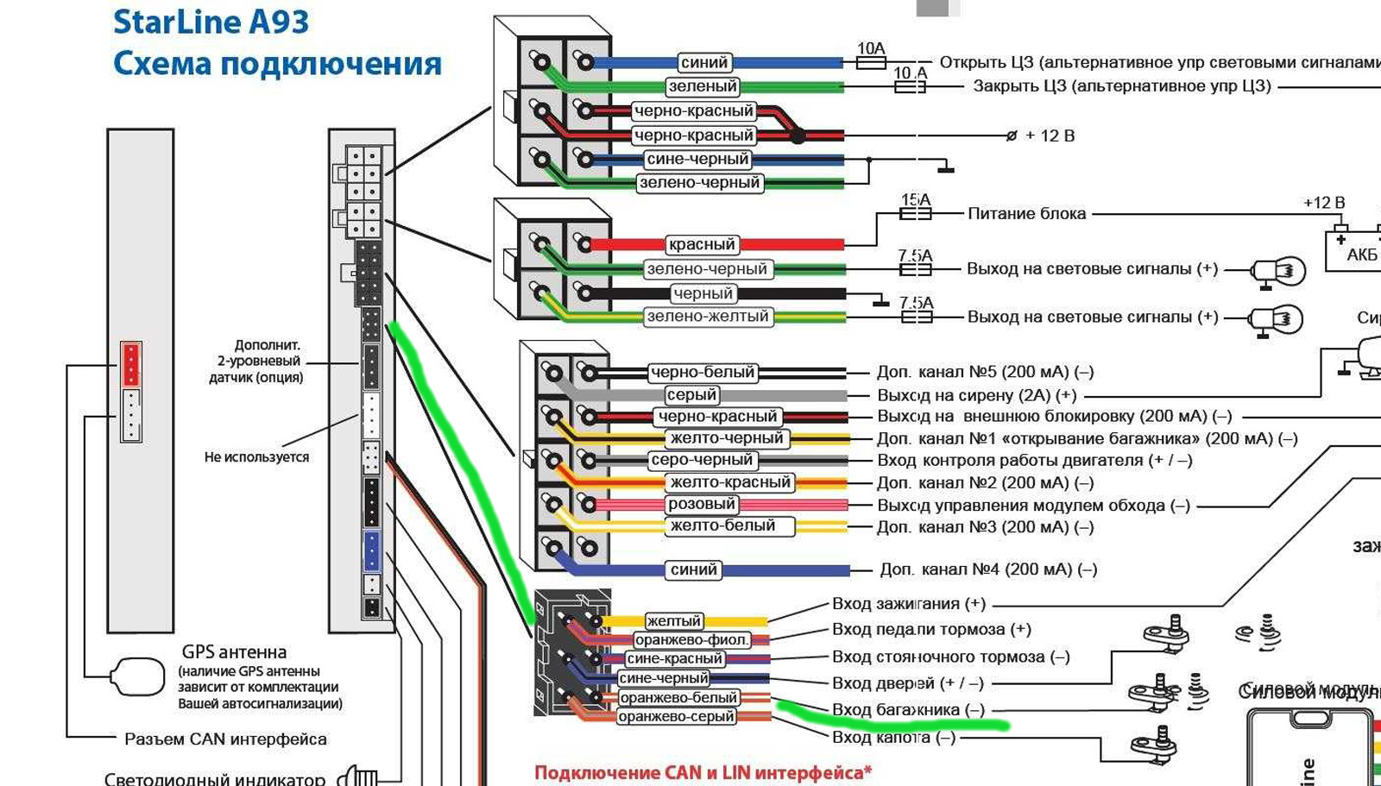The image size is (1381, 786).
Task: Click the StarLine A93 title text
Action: (211, 22)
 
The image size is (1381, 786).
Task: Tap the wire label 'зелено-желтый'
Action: (707, 317)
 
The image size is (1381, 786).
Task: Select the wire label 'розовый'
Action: (701, 504)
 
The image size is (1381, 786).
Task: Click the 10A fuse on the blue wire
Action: (870, 62)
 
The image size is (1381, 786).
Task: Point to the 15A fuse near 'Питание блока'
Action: (916, 213)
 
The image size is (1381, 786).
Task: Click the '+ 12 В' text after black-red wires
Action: (1050, 135)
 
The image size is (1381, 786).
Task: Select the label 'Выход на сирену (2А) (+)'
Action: (976, 395)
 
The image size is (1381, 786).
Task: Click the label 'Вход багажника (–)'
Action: (907, 709)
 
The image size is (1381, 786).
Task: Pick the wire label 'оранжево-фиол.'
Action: (691, 639)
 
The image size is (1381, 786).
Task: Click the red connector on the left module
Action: (130, 363)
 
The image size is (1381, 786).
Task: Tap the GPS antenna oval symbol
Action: (138, 676)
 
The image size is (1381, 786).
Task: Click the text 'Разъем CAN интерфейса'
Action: (225, 739)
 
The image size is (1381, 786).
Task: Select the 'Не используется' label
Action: (256, 457)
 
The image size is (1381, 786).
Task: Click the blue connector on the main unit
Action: (371, 550)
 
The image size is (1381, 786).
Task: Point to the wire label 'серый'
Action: (691, 394)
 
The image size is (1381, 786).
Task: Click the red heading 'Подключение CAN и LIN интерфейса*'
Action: (703, 772)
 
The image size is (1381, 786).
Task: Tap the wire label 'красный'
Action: (702, 244)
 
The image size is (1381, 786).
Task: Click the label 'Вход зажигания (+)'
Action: (908, 604)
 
